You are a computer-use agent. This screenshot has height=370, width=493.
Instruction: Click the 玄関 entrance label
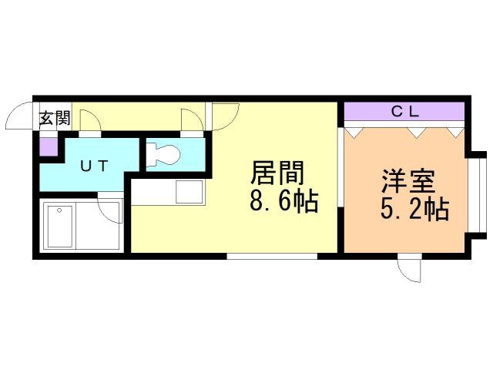point(55,119)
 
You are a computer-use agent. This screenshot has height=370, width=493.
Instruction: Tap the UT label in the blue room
point(94,166)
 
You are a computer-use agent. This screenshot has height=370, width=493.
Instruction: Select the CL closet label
point(405,111)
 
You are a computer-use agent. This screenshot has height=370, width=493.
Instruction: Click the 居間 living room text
point(277,173)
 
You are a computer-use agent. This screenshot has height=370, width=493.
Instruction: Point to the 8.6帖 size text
point(284,200)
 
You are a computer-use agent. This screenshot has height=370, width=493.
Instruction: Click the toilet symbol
point(163,154)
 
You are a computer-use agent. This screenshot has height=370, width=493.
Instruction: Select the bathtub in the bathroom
point(60,226)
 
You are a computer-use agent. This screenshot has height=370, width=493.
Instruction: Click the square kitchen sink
point(189,192)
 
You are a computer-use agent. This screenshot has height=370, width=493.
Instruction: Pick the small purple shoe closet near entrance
point(49,146)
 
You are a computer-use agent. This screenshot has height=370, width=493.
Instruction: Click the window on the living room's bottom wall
point(272,257)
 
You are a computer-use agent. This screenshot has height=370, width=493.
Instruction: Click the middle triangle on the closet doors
point(416,133)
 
